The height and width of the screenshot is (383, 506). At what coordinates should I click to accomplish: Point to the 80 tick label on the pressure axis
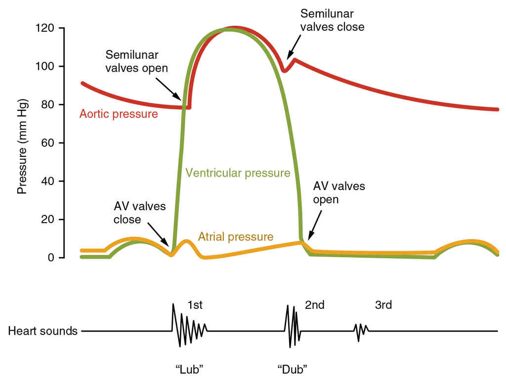click(48, 105)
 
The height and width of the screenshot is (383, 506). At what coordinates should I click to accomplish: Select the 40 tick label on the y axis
click(48, 181)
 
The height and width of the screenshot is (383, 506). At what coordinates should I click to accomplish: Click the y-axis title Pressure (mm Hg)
click(22, 147)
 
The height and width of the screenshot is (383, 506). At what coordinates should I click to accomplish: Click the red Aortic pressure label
click(119, 114)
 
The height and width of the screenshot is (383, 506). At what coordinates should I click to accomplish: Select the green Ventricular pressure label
click(238, 173)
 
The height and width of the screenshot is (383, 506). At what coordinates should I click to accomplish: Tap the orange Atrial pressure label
click(236, 237)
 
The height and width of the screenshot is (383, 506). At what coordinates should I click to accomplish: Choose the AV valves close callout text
click(140, 212)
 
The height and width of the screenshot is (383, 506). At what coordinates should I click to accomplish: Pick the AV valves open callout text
click(339, 193)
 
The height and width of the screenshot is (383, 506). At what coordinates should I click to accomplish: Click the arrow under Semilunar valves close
click(293, 48)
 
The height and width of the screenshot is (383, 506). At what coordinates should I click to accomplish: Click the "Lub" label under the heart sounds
click(190, 369)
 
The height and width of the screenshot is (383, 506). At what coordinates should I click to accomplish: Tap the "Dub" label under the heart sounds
click(293, 369)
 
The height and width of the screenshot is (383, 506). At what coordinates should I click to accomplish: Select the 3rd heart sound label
click(383, 305)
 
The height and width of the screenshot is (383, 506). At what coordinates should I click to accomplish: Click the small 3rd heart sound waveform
click(361, 330)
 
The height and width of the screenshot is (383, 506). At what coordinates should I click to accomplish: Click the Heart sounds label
click(43, 331)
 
